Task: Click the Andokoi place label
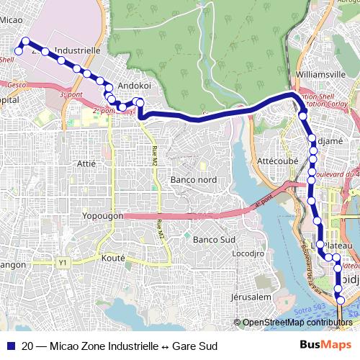(x=133, y=85)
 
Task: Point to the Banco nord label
(x=192, y=179)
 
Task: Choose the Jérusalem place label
(x=251, y=297)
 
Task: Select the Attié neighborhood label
(x=86, y=163)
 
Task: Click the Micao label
(x=11, y=21)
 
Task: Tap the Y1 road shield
(x=63, y=263)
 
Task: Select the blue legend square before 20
(x=9, y=346)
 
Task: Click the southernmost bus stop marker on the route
(x=341, y=300)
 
